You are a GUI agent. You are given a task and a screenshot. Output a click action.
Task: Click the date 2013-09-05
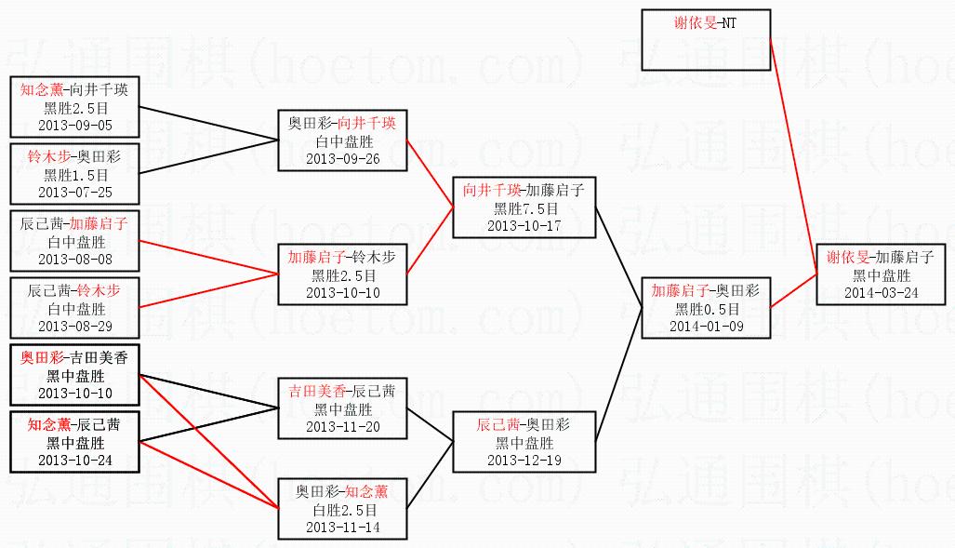74,124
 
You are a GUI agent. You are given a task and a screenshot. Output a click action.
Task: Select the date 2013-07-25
74,192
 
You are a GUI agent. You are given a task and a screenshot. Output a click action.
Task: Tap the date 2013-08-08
74,259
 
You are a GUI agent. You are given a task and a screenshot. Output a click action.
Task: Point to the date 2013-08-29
74,326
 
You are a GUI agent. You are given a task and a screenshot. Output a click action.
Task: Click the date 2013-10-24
74,460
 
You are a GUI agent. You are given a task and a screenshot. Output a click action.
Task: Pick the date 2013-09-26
343,158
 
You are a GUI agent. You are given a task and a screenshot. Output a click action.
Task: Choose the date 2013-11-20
343,426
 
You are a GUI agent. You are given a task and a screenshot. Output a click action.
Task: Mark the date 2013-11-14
343,528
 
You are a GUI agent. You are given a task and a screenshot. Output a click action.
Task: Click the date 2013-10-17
524,225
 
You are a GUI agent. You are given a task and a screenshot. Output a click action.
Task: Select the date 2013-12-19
524,460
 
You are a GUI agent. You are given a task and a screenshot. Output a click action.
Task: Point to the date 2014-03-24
881,292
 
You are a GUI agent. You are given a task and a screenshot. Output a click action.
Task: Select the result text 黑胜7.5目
524,208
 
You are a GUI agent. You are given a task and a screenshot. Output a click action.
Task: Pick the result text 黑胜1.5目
75,175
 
